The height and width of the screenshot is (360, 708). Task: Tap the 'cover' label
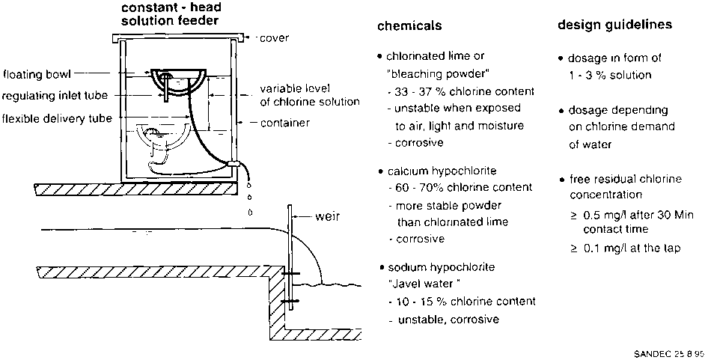[274, 37]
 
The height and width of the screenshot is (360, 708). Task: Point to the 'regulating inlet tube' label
[54, 96]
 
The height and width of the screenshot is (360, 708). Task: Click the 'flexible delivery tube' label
[58, 118]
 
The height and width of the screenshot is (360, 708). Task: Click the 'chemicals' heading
[409, 25]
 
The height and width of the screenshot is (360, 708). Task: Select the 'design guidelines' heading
[614, 25]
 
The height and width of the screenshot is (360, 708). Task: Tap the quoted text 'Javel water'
[424, 284]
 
